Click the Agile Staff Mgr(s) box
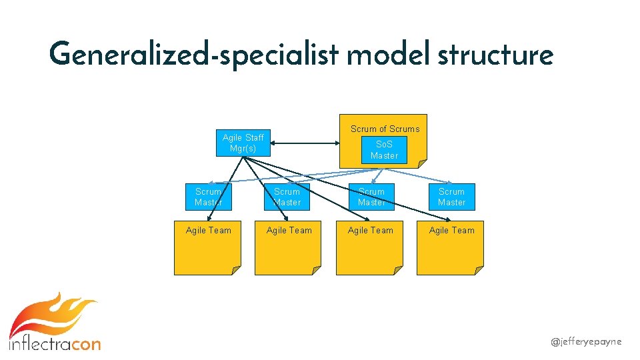click(243, 142)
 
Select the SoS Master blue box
click(384, 150)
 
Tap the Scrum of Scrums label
click(385, 129)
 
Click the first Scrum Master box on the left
click(209, 197)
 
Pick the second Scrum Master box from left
click(287, 197)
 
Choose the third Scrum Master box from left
click(371, 197)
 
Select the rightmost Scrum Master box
click(451, 197)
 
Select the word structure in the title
click(495, 55)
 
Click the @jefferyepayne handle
click(586, 341)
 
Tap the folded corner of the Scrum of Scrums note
click(421, 163)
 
